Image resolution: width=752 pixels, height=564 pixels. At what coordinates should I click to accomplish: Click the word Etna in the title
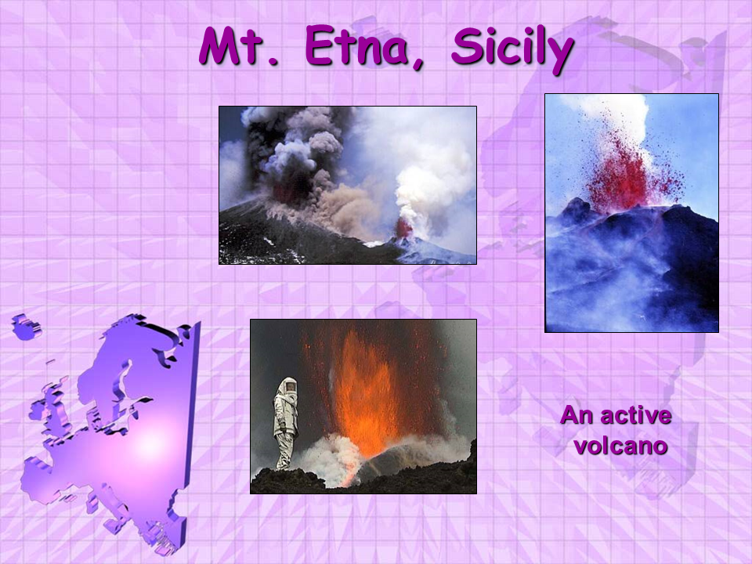pos(360,46)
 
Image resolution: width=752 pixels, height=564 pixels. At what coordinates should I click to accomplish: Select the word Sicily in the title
pos(512,49)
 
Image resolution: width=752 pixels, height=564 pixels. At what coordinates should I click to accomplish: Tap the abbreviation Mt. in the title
pos(239,46)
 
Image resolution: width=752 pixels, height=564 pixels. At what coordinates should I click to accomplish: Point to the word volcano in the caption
pos(620,446)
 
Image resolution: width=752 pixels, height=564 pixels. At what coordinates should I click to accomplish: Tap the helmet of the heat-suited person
pos(288,386)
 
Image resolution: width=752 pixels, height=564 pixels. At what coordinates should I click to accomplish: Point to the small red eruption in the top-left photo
pos(403,228)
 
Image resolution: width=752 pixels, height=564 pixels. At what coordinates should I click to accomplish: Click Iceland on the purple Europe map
pos(27,327)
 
